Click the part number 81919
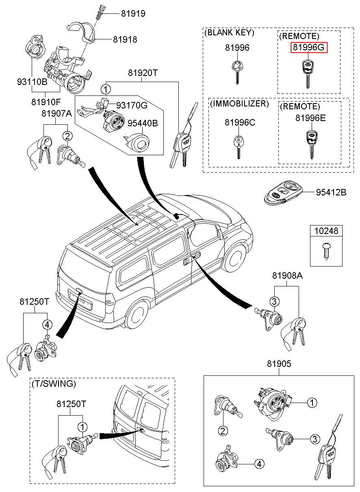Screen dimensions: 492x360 133,13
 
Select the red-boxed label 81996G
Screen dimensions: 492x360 309,48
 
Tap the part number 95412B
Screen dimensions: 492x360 331,193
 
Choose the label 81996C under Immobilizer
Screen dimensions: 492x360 240,122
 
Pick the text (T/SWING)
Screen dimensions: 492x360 53,384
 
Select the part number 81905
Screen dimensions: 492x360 279,364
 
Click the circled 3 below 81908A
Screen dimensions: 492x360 274,301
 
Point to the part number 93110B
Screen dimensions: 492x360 32,82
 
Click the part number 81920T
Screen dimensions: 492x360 142,73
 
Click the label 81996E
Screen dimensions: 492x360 310,118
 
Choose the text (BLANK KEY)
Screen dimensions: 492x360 230,33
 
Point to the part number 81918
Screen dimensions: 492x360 125,39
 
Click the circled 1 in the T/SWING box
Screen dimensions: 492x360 82,427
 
